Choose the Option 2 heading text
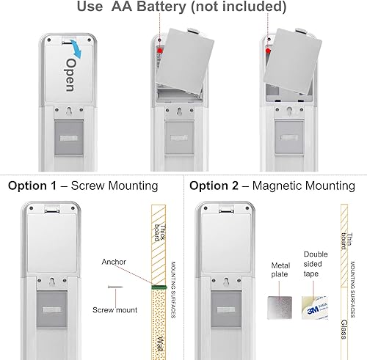[x=217, y=186]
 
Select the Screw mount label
[x=115, y=310]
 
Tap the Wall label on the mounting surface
[x=161, y=344]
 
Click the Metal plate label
[x=279, y=269]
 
